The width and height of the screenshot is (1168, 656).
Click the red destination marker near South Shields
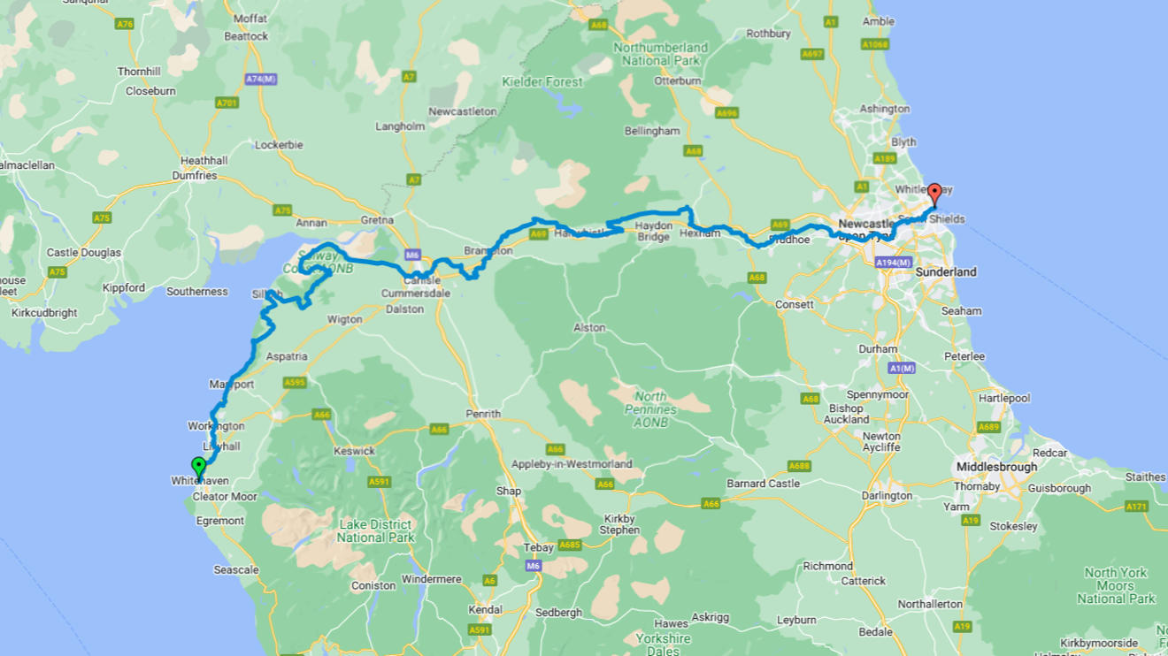[x=934, y=194]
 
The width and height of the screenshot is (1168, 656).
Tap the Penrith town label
[x=483, y=414]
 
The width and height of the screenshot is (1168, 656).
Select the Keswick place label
[x=354, y=451]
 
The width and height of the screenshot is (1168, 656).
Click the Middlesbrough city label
[x=996, y=466]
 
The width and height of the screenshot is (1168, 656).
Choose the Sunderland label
[x=946, y=272]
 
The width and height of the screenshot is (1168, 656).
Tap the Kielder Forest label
[x=542, y=82]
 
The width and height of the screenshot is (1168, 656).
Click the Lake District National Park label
[x=375, y=530]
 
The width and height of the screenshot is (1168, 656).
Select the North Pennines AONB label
[x=656, y=403]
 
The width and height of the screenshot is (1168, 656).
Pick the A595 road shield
[x=295, y=383]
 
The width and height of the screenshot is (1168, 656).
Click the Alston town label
[x=589, y=328]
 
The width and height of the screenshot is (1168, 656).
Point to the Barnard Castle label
[x=763, y=484]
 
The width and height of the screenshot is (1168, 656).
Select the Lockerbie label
[x=279, y=144]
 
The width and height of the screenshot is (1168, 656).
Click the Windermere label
[x=432, y=579]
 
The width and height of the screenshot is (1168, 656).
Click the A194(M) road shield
[x=892, y=263]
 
